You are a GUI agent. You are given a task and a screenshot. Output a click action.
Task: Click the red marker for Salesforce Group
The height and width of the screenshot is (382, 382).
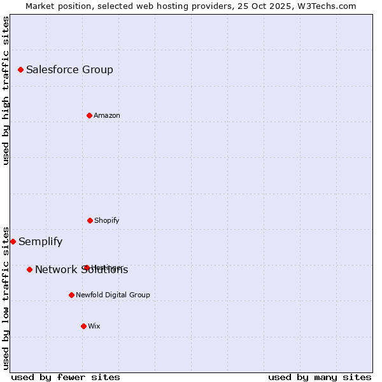[x=20, y=69]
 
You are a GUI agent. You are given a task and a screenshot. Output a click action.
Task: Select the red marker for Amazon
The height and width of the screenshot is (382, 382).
[x=89, y=115]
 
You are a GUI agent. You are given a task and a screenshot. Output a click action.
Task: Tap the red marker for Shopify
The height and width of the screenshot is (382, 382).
[x=90, y=220]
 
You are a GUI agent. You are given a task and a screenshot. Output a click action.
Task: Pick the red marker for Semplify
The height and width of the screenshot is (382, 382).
[x=13, y=241]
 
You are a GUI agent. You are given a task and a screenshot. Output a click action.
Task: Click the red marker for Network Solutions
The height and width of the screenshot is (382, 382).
[x=29, y=269]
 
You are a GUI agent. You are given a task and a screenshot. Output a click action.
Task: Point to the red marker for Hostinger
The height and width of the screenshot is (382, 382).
[x=87, y=267]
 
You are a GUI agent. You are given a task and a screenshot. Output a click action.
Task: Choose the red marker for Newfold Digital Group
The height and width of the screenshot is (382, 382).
[x=71, y=295]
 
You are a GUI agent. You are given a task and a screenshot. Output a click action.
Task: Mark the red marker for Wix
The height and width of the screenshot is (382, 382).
[x=83, y=326]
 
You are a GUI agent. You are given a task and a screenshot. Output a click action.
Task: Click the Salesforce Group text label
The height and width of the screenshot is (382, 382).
[x=69, y=69]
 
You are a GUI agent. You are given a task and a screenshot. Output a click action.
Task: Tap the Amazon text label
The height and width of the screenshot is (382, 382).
[x=107, y=115]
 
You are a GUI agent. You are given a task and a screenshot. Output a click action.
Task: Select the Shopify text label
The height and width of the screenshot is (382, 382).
[x=107, y=220]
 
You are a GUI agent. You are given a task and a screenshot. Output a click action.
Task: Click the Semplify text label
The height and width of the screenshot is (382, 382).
[x=40, y=241]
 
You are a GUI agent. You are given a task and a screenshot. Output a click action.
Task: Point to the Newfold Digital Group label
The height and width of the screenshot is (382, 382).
[x=113, y=295]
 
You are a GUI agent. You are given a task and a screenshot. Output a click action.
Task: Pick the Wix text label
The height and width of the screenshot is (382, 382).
[x=94, y=326]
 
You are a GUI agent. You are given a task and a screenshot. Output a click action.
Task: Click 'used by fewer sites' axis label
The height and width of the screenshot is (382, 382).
[x=66, y=377]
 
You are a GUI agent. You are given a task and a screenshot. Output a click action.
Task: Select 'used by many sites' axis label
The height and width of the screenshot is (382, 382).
[x=320, y=377]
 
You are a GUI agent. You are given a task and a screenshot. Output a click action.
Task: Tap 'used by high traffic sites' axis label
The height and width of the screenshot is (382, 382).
[x=6, y=90]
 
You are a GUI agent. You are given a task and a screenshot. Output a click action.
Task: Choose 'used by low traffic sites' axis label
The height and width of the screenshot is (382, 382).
[x=6, y=298]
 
